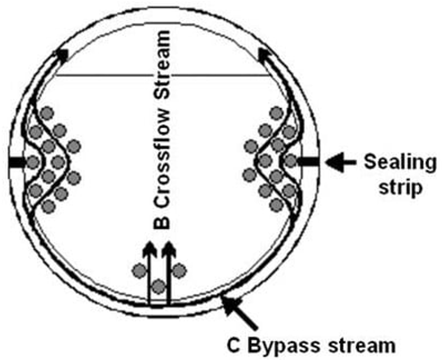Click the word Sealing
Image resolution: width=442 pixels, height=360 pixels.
click(399, 161)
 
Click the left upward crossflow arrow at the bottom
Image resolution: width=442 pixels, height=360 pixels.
click(149, 272)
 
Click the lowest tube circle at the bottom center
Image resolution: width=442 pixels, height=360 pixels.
click(158, 287)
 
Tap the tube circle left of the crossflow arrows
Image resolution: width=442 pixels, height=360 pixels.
click(138, 271)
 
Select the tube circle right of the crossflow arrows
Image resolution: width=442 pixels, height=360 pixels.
click(179, 271)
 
